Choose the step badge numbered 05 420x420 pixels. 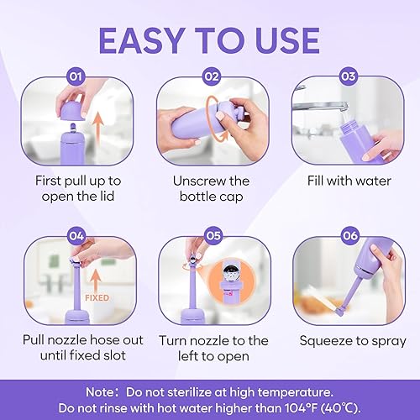pos(209,237)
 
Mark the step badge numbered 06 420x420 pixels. pos(345,237)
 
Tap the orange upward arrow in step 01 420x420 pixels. pos(97,134)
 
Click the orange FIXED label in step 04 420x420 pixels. pos(99,297)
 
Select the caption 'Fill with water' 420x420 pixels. pos(345,181)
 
